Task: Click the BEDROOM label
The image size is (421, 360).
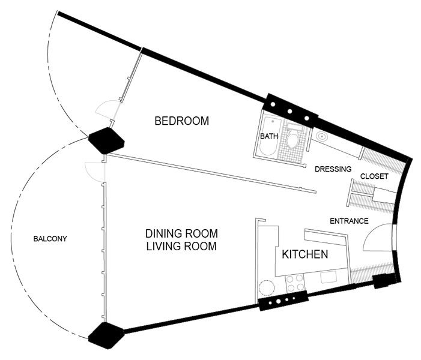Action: pos(182,121)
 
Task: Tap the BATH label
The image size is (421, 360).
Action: pos(269,136)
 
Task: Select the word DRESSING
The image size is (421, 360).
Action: pos(333,169)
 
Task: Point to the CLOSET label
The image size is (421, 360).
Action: pos(374,176)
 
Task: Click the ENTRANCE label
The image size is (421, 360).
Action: pos(349,221)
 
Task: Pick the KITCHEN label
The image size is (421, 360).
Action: pos(305,254)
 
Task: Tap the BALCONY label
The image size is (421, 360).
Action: pos(50,238)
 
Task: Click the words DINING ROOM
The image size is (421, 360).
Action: pos(181,233)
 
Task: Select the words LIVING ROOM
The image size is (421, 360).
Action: pos(181,246)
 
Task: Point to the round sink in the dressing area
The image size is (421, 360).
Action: pos(322,137)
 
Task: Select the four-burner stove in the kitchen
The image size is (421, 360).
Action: pos(295,283)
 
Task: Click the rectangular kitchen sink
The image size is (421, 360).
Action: pos(329,277)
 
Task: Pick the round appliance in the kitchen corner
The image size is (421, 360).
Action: pos(267,288)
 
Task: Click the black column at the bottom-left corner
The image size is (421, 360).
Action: pos(106,335)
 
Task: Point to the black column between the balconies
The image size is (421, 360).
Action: pos(106,140)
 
